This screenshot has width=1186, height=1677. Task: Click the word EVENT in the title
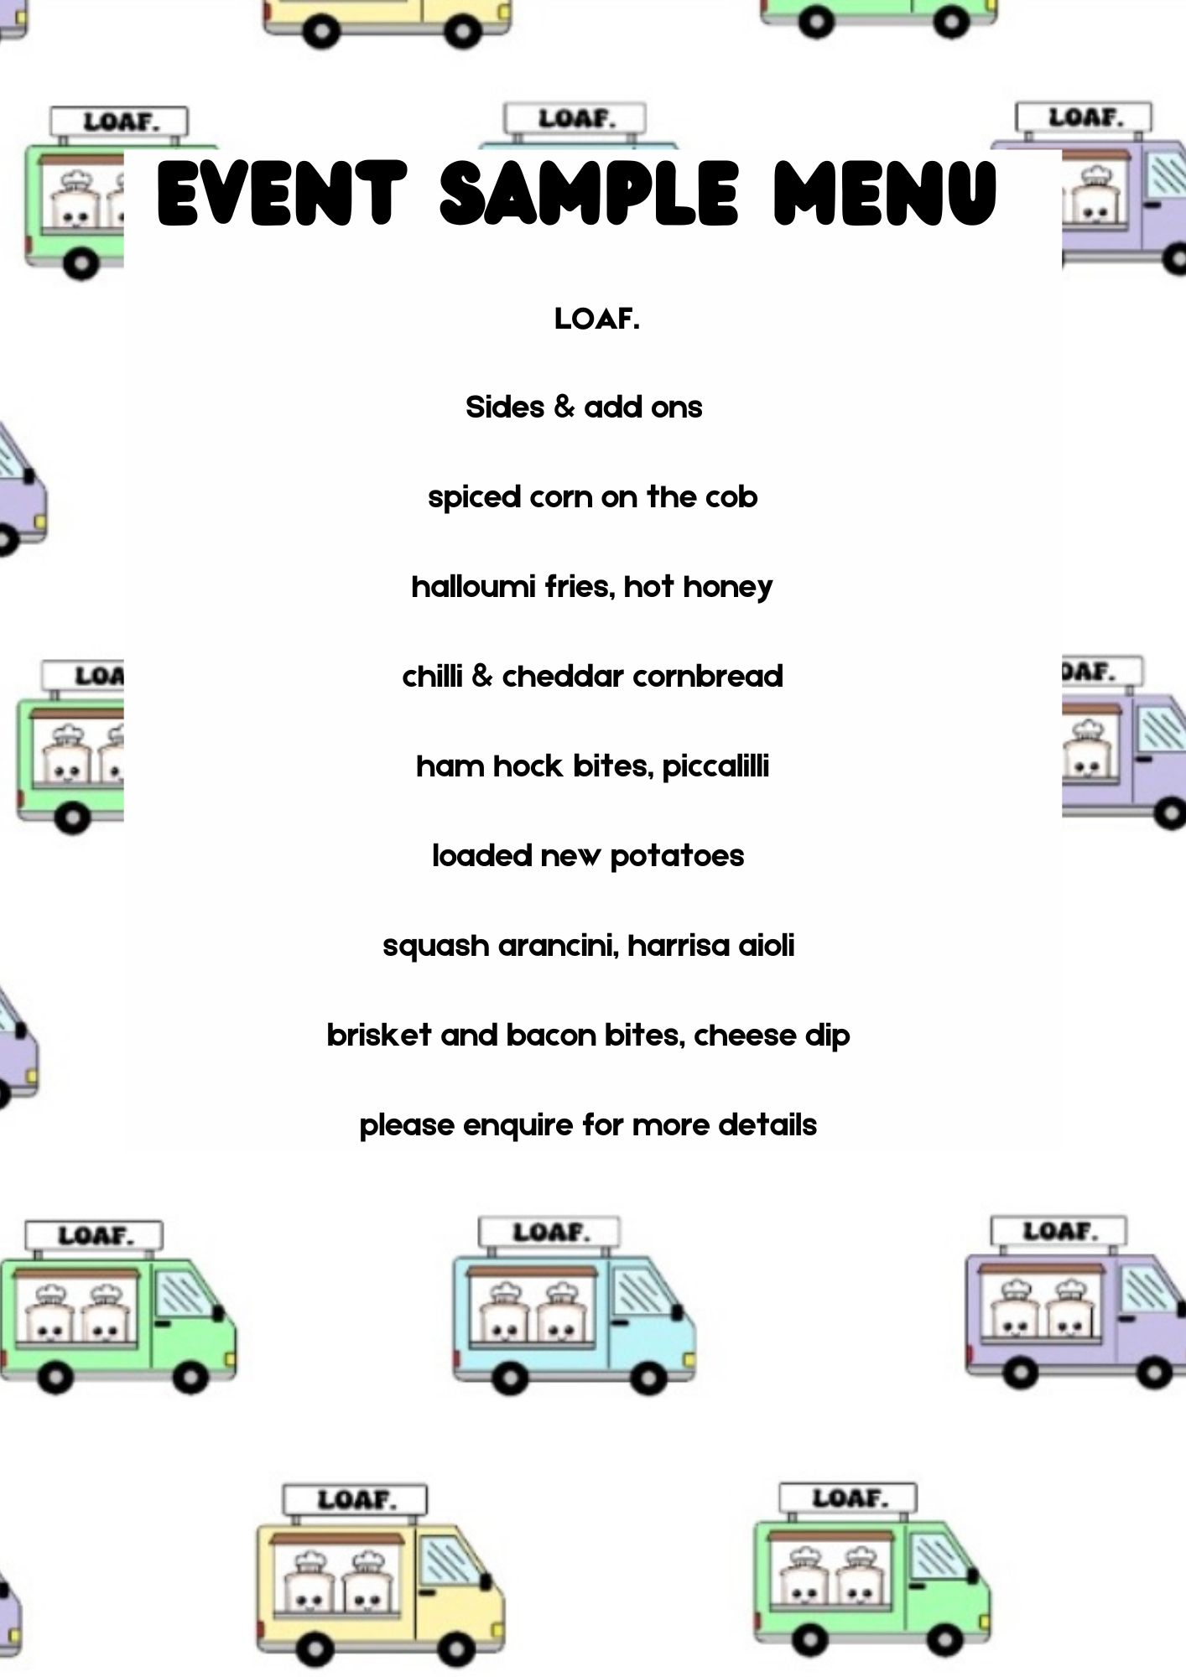coord(282,194)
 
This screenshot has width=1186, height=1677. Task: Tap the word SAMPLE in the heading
coord(589,194)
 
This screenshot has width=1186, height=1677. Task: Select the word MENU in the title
coord(885,194)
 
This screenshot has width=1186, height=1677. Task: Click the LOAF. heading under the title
coord(596,319)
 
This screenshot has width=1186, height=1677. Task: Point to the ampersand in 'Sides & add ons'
coord(564,407)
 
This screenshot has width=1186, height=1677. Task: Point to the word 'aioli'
coord(766,946)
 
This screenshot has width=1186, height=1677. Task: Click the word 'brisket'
coord(378,1036)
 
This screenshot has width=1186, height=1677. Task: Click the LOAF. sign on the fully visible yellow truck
coord(355,1500)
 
